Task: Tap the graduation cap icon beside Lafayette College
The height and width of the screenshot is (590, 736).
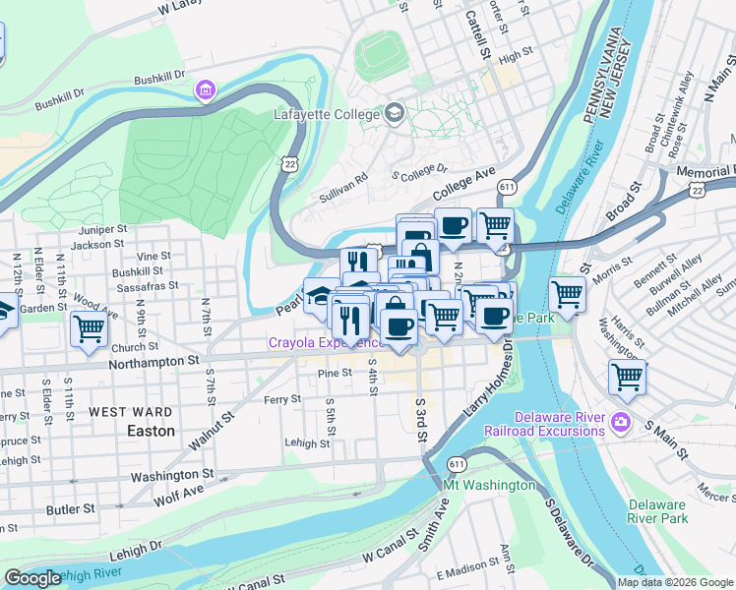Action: pos(395,111)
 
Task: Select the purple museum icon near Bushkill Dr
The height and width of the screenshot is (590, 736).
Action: pos(205,91)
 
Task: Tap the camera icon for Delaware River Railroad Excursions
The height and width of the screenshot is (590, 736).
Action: pos(620,422)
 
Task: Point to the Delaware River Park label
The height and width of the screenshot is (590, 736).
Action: pos(658,511)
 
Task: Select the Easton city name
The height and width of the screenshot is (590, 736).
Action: pos(151,431)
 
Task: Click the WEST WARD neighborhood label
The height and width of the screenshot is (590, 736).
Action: pos(130,412)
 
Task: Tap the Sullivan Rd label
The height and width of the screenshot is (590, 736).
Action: pos(342,187)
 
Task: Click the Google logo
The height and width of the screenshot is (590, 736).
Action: pos(32,578)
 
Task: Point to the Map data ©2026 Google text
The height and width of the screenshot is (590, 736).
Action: pos(674,582)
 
